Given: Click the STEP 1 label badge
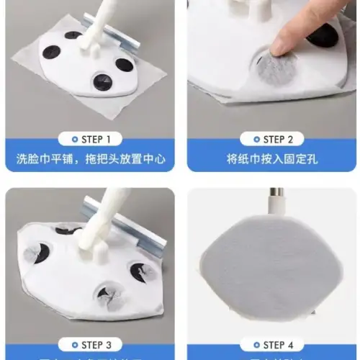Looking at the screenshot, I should tap(89, 139).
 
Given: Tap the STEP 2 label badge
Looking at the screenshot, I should tap(269, 139).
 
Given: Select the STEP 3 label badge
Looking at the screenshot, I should tap(89, 345).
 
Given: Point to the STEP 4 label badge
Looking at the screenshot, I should tap(269, 345).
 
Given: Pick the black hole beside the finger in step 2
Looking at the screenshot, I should tap(324, 36).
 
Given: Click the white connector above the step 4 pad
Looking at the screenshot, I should tap(274, 210).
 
